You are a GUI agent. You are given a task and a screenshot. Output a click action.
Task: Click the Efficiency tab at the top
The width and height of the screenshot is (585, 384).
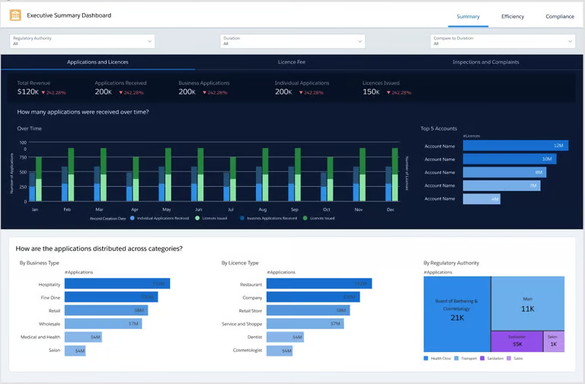point(512,16)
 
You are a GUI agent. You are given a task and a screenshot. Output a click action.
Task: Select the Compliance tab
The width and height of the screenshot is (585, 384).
point(559,16)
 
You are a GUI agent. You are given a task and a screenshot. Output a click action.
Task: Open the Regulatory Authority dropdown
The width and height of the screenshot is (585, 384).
point(82,40)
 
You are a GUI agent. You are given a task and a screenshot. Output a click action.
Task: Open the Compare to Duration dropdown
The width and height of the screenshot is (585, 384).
point(503,40)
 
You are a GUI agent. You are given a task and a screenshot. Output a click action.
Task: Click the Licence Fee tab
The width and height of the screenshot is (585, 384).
point(292,62)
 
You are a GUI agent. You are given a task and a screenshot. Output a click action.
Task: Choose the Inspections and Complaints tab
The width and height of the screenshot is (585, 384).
point(485,62)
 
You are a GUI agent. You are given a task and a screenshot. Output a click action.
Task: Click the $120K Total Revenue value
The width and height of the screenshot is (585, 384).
point(28,91)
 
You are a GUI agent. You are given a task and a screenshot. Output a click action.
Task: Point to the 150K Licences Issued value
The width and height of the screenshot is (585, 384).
point(372,91)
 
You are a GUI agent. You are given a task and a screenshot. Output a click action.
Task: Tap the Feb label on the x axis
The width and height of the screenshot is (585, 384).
point(67,209)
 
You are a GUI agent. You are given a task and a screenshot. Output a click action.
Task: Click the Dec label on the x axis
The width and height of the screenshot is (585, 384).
point(391,209)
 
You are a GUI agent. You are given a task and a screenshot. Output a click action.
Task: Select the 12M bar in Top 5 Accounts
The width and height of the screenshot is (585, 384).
point(514,146)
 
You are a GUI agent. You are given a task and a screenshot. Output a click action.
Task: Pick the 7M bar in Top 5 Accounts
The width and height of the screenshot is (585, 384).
point(502,185)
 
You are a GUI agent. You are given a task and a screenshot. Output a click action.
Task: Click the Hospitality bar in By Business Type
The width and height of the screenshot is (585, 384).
point(117,283)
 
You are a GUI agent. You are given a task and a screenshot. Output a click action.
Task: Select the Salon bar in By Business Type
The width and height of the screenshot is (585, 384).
point(75,350)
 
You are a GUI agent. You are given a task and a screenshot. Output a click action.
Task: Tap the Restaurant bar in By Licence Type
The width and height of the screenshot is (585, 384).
point(319,283)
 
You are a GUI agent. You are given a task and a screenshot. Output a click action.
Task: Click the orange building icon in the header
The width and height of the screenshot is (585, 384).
point(15,15)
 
